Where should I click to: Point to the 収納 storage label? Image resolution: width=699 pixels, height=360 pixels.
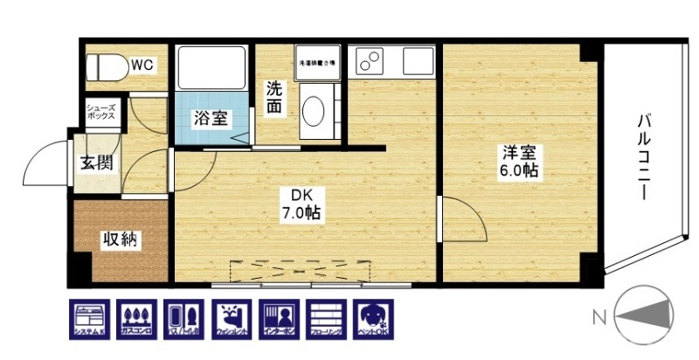(118, 239)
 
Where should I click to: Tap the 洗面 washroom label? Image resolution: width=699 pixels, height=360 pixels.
(274, 97)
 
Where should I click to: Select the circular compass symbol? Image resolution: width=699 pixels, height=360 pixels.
(647, 315)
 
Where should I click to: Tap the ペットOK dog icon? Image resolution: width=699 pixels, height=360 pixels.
(373, 319)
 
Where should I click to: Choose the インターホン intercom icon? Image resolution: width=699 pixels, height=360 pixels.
(279, 319)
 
